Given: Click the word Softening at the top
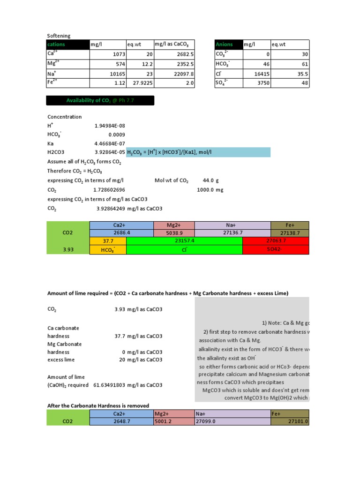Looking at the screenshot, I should pos(58,36).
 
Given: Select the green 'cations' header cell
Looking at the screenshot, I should pos(67,44).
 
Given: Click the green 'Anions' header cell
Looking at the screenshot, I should pos(228,44).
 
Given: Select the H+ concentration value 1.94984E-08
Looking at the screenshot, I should pos(110,126).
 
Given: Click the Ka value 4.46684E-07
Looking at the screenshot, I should pos(110,144).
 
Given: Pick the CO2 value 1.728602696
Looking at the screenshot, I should pos(110,189).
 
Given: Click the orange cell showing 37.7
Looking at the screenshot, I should pos(108,241).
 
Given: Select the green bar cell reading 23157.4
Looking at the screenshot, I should pos(184,241).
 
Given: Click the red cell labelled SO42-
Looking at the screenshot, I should pos(276,250).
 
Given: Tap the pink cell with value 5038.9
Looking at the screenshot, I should pos(173,233).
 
